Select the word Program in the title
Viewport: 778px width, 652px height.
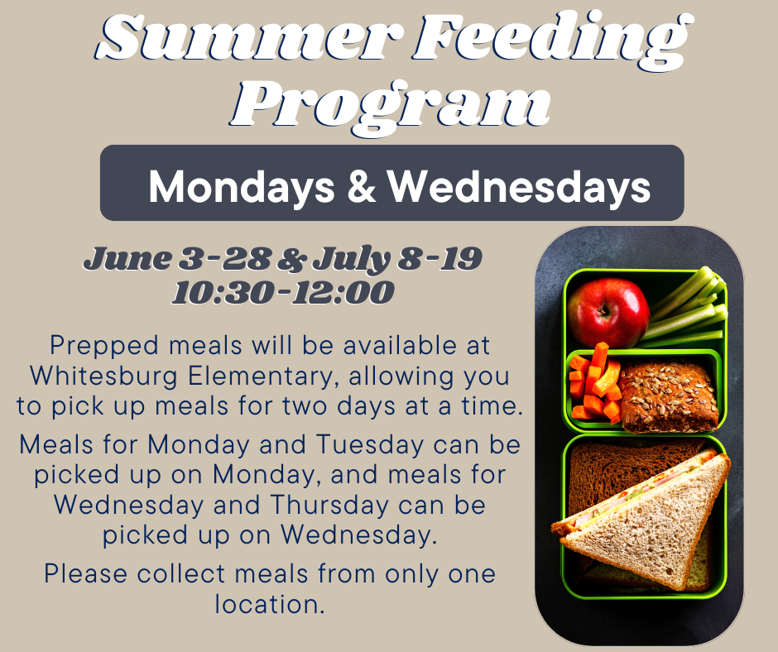[391, 106]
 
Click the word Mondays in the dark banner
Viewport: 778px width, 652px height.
[242, 187]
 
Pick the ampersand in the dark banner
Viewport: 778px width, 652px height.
[361, 186]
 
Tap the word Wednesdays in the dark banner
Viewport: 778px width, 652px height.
[518, 188]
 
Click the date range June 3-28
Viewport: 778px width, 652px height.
[177, 258]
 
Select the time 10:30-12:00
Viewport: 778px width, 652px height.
[283, 292]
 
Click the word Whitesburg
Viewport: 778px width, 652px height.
[103, 376]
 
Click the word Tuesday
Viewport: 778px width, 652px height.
[370, 444]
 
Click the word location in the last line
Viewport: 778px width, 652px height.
[270, 604]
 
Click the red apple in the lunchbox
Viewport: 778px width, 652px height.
[609, 312]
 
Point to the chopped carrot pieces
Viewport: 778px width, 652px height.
[595, 382]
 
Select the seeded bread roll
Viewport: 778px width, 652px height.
[668, 396]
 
